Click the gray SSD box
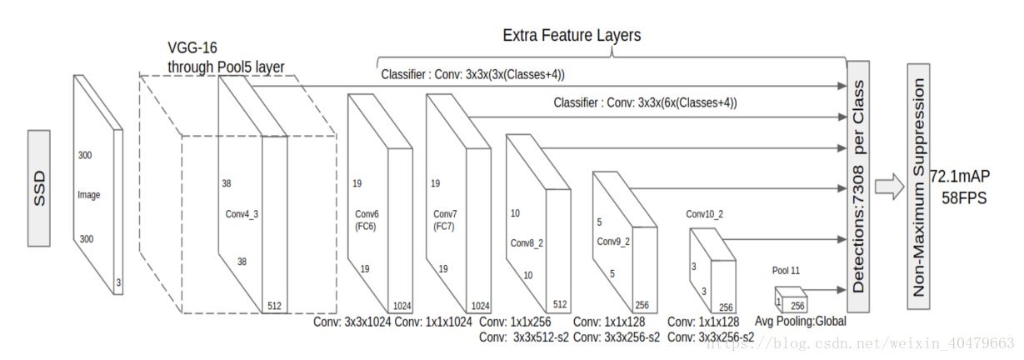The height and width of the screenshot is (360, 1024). pyautogui.click(x=39, y=187)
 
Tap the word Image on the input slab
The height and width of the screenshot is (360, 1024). pyautogui.click(x=88, y=195)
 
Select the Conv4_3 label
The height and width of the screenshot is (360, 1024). pyautogui.click(x=242, y=214)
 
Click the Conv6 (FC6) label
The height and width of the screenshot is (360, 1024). pyautogui.click(x=367, y=219)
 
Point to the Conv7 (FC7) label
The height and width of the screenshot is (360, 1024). pyautogui.click(x=445, y=219)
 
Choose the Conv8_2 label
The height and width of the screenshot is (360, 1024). pyautogui.click(x=527, y=243)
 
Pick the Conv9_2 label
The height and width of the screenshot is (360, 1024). pyautogui.click(x=613, y=242)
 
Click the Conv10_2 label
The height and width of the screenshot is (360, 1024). pyautogui.click(x=704, y=214)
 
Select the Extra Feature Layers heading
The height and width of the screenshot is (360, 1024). pyautogui.click(x=572, y=36)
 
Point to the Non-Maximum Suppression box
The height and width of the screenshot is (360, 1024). pyautogui.click(x=918, y=187)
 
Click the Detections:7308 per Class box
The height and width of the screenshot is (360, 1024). pyautogui.click(x=857, y=177)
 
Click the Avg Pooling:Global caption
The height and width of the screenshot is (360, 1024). pyautogui.click(x=800, y=321)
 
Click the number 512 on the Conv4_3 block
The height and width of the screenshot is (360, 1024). pyautogui.click(x=274, y=306)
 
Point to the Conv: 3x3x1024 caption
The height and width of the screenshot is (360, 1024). pyautogui.click(x=352, y=322)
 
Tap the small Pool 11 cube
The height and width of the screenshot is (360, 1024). pyautogui.click(x=789, y=299)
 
